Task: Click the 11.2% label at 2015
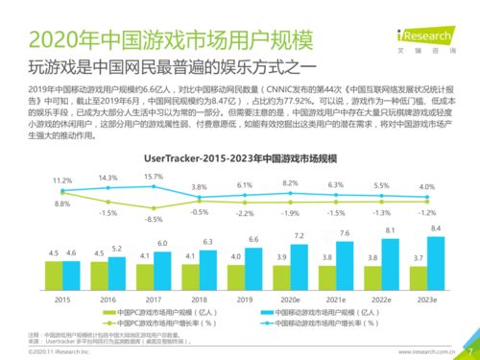coord(36,180)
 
